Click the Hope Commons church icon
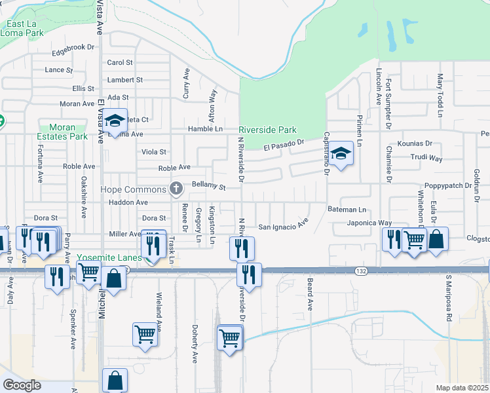point(176,189)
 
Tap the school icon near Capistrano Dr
point(341,154)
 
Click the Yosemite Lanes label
point(109,257)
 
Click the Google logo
point(22,384)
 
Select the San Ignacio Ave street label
point(282,227)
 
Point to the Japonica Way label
point(369,223)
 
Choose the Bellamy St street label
point(208,187)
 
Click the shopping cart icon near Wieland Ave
point(145,333)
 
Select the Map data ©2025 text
point(462,388)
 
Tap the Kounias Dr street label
point(415,143)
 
